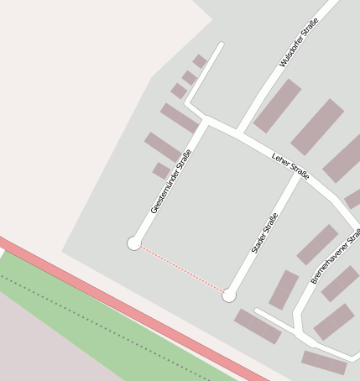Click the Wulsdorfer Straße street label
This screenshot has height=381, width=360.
click(x=299, y=42)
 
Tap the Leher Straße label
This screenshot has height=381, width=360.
click(x=290, y=164)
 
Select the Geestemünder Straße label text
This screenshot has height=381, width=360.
click(x=171, y=181)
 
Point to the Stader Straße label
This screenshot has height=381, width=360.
click(x=264, y=233)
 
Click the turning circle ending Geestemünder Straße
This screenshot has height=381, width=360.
click(x=134, y=243)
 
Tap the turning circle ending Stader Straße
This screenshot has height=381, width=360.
click(x=229, y=295)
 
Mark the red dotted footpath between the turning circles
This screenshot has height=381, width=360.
click(x=181, y=269)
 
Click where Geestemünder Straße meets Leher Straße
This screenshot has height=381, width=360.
click(x=206, y=120)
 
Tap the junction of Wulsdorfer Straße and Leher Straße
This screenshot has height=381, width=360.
click(x=239, y=133)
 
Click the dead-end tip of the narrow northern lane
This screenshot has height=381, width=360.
click(x=222, y=44)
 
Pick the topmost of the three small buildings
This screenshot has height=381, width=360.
click(x=200, y=61)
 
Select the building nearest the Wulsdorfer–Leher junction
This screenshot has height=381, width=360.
click(x=277, y=106)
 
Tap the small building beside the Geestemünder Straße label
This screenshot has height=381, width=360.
click(x=161, y=171)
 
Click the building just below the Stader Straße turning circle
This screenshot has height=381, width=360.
click(x=258, y=326)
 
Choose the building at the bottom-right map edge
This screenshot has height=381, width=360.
click(x=324, y=363)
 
